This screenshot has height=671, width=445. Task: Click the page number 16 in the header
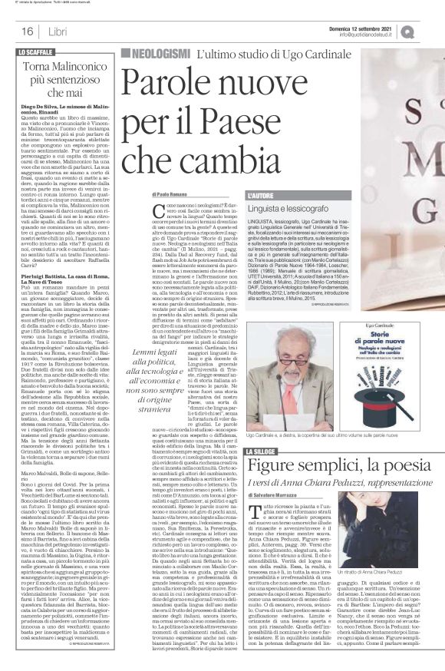26,32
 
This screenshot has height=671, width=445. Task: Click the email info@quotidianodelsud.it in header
374,35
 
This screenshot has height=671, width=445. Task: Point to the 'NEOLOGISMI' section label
160,54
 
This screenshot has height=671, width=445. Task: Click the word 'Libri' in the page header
57,32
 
